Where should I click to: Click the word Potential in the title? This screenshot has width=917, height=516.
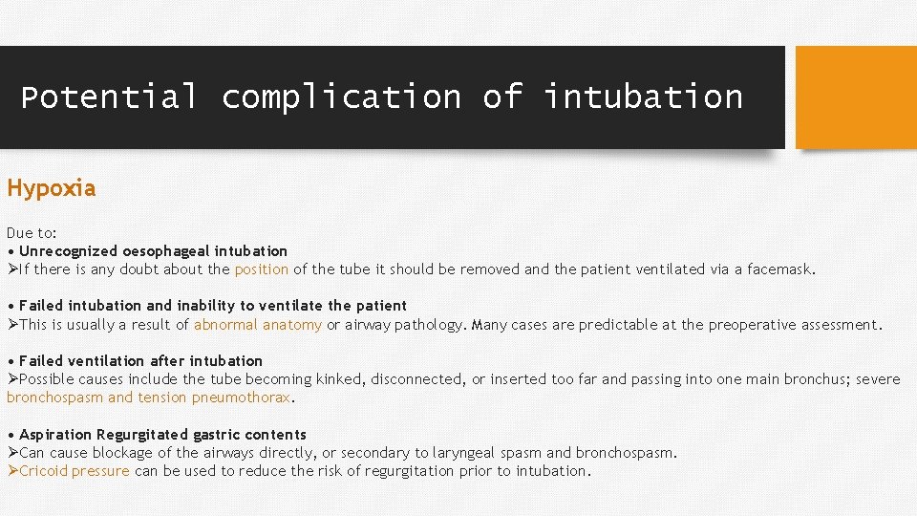109,97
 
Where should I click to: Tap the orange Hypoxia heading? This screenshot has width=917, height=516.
52,188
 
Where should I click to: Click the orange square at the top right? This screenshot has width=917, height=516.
855,97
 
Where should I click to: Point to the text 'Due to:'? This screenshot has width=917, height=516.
32,233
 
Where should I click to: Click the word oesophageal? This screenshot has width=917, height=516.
168,251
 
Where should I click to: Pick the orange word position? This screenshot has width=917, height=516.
261,269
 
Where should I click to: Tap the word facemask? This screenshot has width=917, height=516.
781,269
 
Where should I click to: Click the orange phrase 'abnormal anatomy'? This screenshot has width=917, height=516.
258,325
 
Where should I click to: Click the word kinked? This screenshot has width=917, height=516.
340,379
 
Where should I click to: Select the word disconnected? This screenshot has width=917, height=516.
416,379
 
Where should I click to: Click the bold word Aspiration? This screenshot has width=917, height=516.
55,435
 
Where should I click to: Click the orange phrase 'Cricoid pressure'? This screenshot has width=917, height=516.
74,471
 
